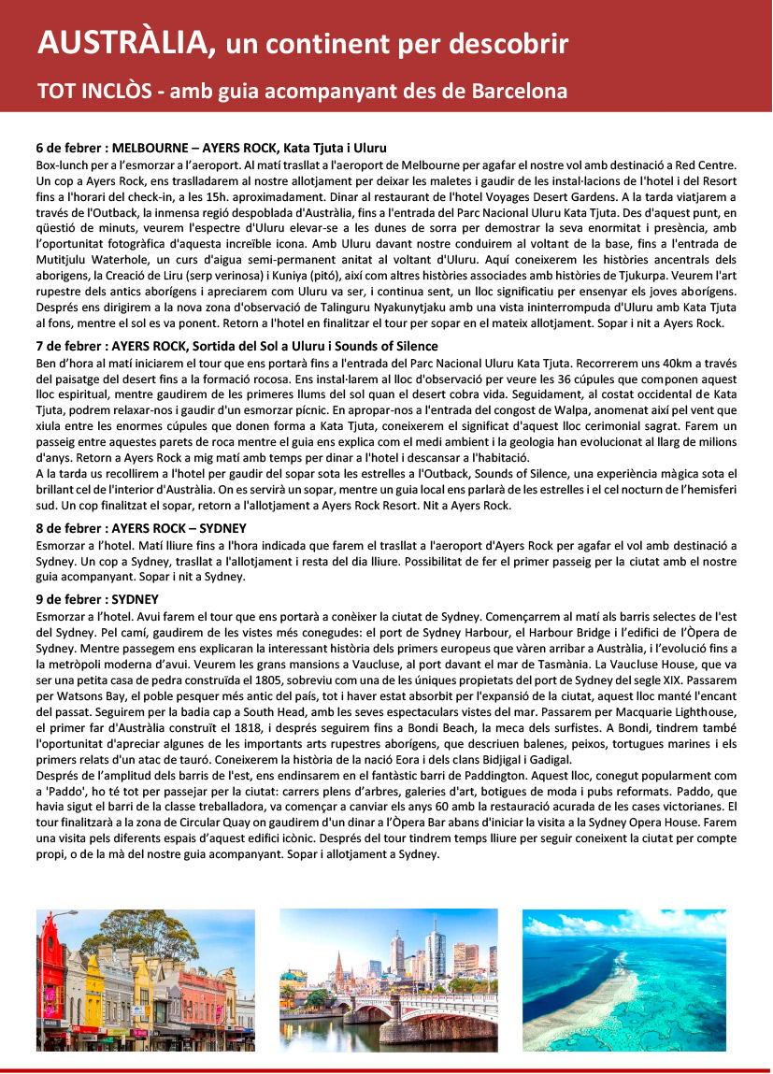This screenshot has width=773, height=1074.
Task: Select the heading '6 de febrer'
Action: click(x=70, y=148)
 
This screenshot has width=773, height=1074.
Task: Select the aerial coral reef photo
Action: click(x=623, y=980)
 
